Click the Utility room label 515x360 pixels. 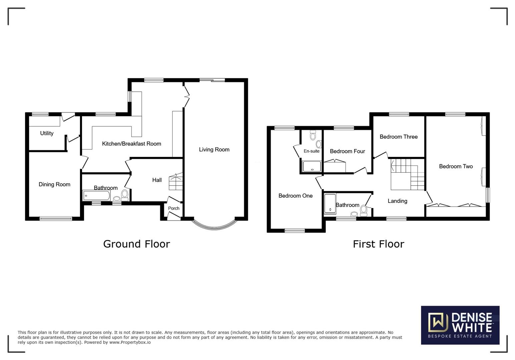[47, 133]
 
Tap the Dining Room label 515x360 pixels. [54, 184]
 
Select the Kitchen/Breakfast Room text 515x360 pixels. [131, 144]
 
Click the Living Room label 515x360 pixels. [214, 150]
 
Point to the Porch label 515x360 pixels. [174, 208]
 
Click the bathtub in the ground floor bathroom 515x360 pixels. [96, 195]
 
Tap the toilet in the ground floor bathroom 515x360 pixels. [125, 194]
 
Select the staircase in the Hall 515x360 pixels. [176, 182]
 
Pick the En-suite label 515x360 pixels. [312, 151]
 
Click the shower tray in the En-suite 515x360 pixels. [312, 166]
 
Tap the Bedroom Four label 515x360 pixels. [347, 151]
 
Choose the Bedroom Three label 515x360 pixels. [399, 137]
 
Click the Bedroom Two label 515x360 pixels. [456, 166]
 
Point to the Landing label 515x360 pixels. [397, 201]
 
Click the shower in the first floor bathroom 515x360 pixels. [330, 203]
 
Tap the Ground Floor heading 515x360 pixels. [136, 244]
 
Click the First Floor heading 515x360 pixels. [378, 244]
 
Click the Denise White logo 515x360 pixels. [460, 325]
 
